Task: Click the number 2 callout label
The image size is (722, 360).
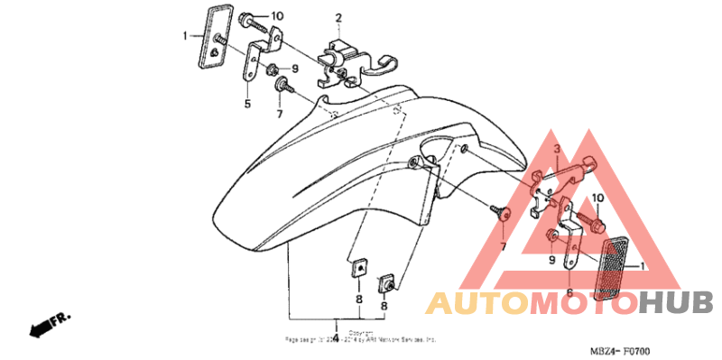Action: click(x=339, y=18)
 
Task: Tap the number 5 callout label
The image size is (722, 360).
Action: click(x=246, y=105)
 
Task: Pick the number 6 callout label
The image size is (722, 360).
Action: click(x=569, y=292)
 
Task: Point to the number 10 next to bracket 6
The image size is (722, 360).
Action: click(x=597, y=198)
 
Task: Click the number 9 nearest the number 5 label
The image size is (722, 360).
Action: click(x=294, y=69)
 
